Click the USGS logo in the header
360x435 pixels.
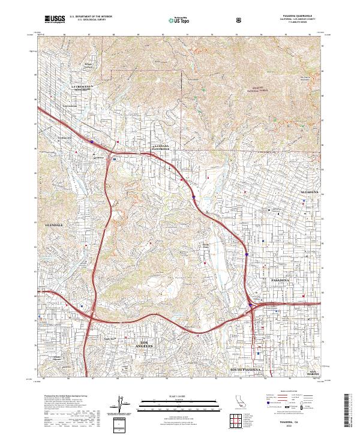tap(55, 20)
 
